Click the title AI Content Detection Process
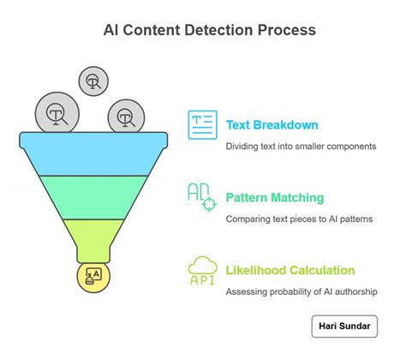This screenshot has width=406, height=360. click(x=203, y=30)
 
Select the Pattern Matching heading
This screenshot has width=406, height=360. click(x=275, y=198)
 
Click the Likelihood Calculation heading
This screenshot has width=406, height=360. click(x=290, y=271)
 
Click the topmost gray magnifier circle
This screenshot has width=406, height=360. click(x=93, y=81)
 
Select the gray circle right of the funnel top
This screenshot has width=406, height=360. click(x=125, y=117)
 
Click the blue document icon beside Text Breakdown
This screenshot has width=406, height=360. click(x=203, y=125)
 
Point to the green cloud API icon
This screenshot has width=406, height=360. click(x=203, y=271)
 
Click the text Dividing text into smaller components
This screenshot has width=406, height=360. click(x=301, y=147)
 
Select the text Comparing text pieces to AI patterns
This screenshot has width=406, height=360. click(x=299, y=219)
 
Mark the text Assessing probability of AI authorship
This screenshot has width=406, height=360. click(x=300, y=292)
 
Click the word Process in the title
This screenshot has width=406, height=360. click(x=287, y=30)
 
